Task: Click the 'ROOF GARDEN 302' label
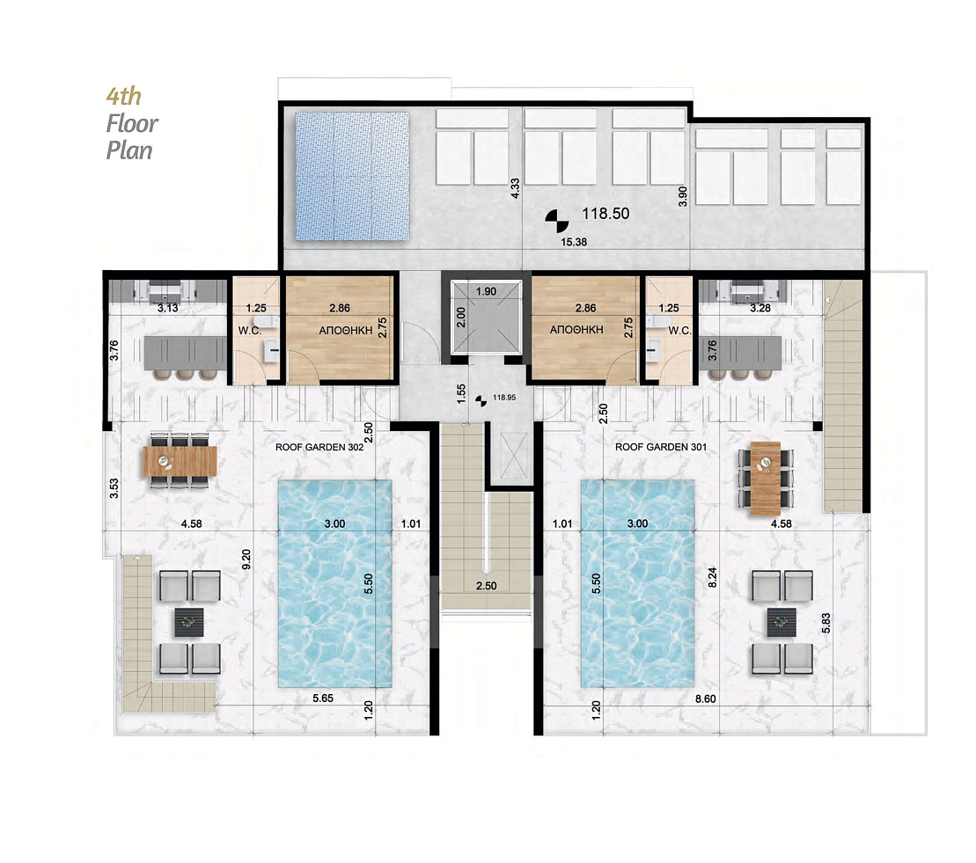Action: pos(319,447)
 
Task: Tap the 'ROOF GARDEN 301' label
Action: pos(660,447)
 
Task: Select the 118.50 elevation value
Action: pos(605,214)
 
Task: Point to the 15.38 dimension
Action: pos(573,242)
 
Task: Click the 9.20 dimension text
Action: pos(246,559)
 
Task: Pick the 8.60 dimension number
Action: pos(705,698)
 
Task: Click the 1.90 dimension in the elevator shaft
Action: pos(486,291)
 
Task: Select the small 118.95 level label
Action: pos(504,398)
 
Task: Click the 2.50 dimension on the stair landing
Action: pos(486,586)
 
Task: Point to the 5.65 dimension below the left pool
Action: pos(323,698)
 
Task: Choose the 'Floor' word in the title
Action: pos(132,123)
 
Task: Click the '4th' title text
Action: pos(123,97)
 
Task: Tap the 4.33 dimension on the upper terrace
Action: pos(515,188)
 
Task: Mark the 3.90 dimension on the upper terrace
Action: pos(683,197)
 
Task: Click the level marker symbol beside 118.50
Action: pos(557,220)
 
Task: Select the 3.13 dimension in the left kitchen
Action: pos(167,308)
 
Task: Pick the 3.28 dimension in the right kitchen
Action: pos(760,308)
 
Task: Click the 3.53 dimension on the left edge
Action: pos(114,488)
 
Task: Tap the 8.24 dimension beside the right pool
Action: pos(713,577)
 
